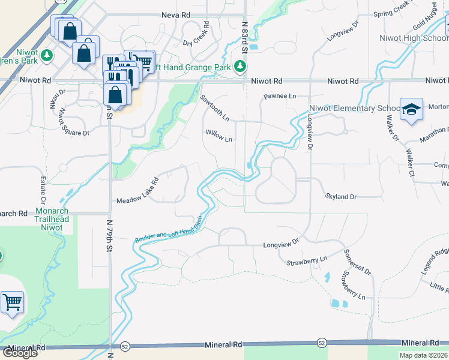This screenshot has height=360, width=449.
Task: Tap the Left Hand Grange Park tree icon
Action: pyautogui.click(x=240, y=66)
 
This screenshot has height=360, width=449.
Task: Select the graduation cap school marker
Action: pyautogui.click(x=411, y=110)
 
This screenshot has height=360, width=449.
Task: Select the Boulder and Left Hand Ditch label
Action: pyautogui.click(x=171, y=232)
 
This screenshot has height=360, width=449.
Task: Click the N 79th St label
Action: pyautogui.click(x=110, y=235)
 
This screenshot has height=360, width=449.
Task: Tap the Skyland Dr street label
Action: pyautogui.click(x=341, y=196)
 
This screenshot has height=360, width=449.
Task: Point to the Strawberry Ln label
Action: pyautogui.click(x=306, y=260)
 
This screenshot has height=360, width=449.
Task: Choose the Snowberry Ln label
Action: pyautogui.click(x=351, y=286)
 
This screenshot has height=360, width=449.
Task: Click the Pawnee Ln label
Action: pyautogui.click(x=280, y=96)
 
